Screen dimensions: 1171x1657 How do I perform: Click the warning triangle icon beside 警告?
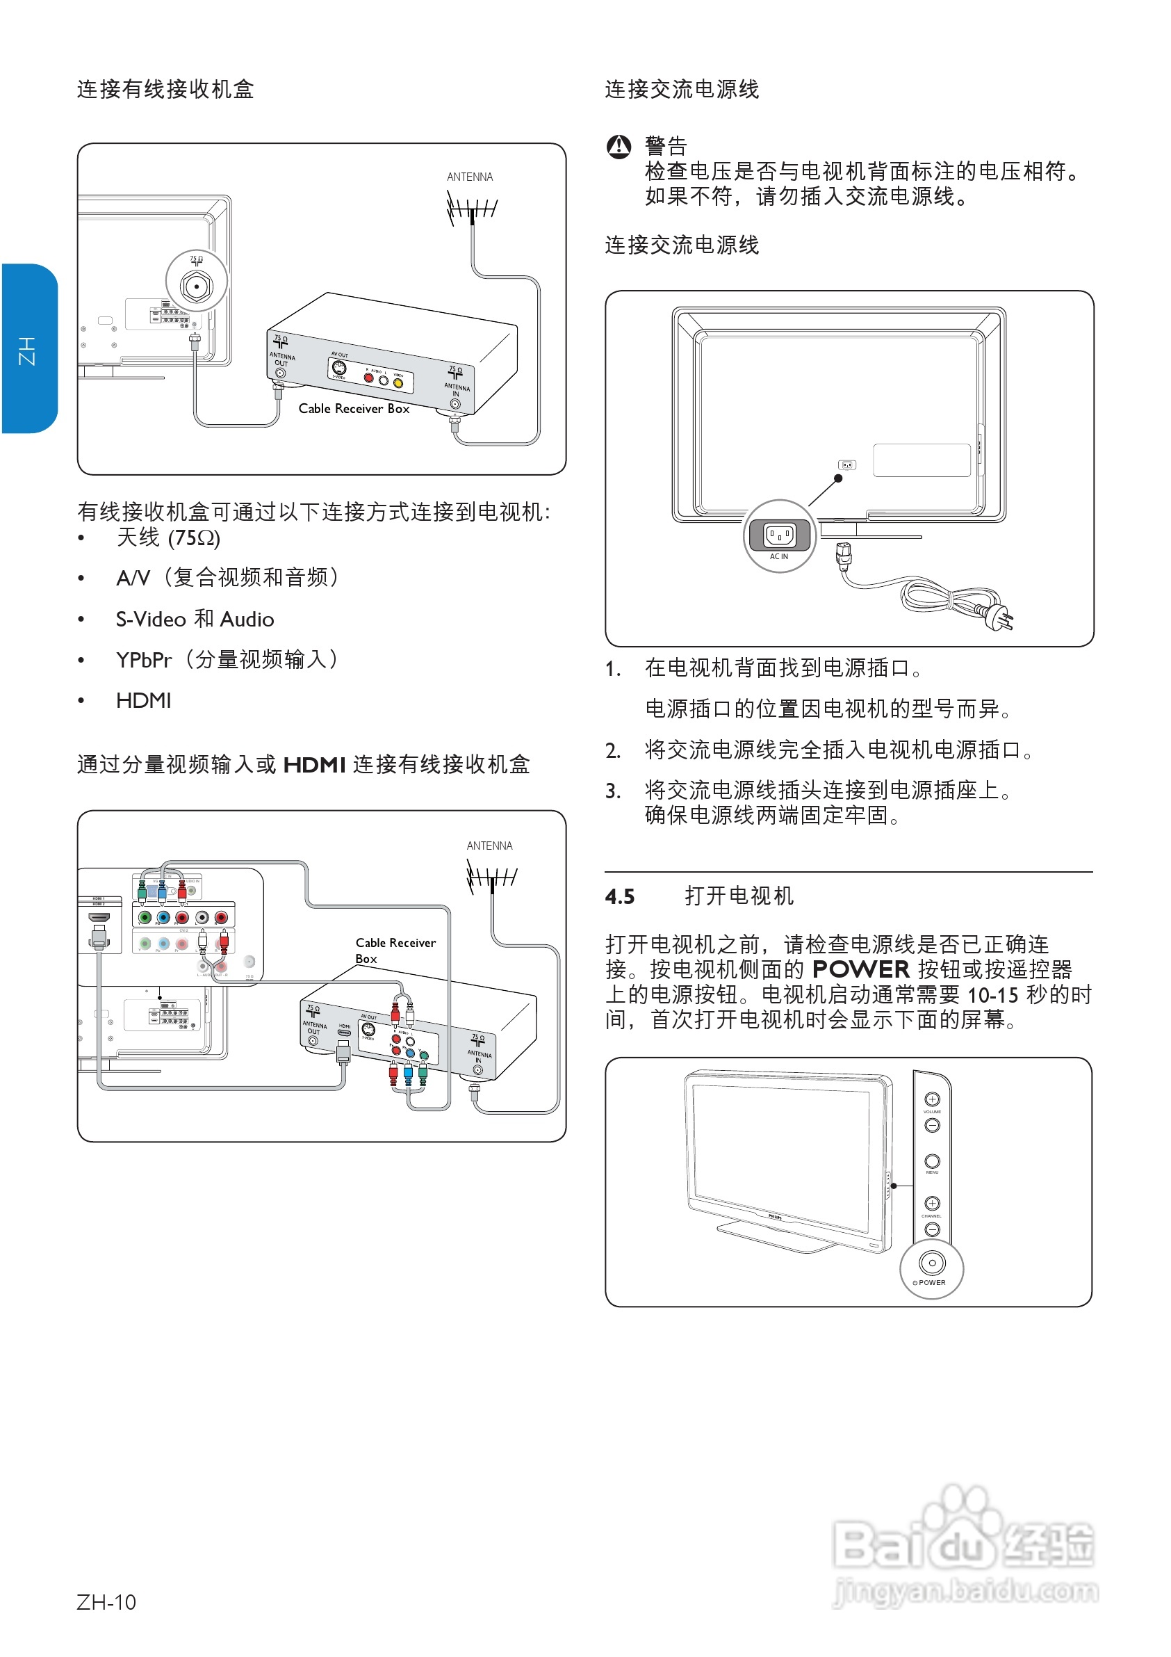tap(619, 147)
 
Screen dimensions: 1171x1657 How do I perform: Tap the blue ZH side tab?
tap(29, 349)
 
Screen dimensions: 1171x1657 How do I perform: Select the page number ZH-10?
tap(106, 1601)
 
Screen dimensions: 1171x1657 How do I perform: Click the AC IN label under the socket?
tap(778, 556)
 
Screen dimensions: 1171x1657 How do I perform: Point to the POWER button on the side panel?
tap(931, 1263)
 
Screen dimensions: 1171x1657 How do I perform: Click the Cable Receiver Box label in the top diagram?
tap(354, 408)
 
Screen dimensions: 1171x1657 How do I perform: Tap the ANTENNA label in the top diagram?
tap(470, 177)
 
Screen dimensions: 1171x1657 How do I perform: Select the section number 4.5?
tap(620, 896)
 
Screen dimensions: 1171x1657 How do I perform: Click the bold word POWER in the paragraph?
tap(860, 969)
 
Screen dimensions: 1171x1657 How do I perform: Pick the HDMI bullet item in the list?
tap(144, 701)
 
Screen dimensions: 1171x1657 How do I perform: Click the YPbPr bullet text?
tap(145, 660)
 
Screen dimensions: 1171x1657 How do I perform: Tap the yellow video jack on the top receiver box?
tap(398, 382)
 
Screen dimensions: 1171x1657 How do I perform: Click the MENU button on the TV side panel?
tap(931, 1161)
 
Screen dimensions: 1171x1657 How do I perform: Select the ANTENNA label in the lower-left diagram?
tap(489, 846)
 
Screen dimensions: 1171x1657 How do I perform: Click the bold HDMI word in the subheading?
tap(315, 765)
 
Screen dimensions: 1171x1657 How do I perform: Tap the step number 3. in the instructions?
tap(612, 792)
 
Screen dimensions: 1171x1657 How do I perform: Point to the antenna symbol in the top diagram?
tap(472, 209)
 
